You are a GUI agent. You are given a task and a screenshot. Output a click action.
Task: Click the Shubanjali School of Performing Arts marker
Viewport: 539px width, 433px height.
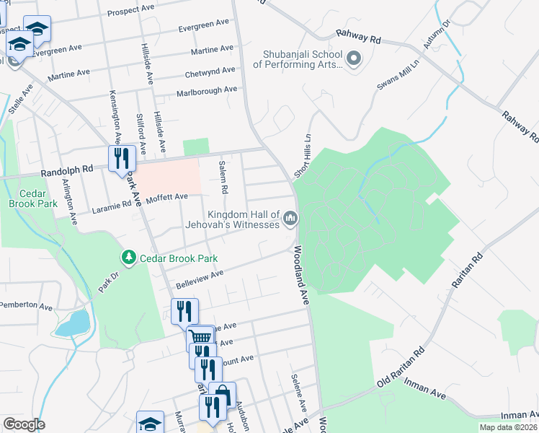click(353, 58)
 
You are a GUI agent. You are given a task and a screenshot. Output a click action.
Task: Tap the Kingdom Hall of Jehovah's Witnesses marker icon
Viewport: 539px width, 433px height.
click(290, 218)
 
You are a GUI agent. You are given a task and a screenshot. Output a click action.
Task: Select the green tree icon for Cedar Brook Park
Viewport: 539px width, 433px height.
click(129, 258)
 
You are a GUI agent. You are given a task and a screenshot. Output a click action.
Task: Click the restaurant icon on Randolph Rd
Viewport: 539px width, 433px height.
click(121, 158)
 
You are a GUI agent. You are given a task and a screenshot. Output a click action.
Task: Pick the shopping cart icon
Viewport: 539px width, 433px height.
click(200, 338)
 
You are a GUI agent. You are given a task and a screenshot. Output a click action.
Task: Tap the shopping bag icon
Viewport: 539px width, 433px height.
click(222, 395)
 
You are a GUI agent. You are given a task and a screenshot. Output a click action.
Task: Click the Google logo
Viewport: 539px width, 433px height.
click(23, 424)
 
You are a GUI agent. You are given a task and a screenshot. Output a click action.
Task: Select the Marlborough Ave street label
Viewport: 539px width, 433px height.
click(207, 91)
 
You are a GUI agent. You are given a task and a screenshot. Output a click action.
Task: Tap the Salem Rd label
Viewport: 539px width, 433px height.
click(224, 178)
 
